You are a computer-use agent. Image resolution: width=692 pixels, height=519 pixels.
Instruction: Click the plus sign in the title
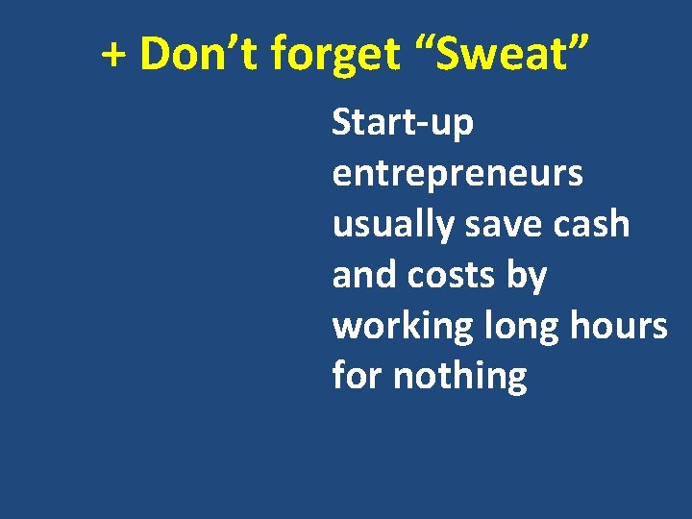pyautogui.click(x=114, y=57)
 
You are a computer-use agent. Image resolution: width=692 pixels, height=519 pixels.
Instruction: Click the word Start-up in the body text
pyautogui.click(x=403, y=124)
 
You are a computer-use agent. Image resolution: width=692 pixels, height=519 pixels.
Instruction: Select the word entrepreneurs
pyautogui.click(x=457, y=175)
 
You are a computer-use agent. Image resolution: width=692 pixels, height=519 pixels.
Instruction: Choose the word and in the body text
pyautogui.click(x=364, y=275)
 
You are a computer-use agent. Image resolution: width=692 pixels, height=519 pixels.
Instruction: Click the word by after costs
pyautogui.click(x=528, y=277)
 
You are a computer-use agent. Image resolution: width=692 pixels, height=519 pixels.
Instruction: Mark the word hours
pyautogui.click(x=623, y=326)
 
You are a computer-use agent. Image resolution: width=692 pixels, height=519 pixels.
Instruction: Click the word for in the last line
pyautogui.click(x=356, y=376)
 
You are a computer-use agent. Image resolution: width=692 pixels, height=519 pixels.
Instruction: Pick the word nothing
pyautogui.click(x=459, y=377)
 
